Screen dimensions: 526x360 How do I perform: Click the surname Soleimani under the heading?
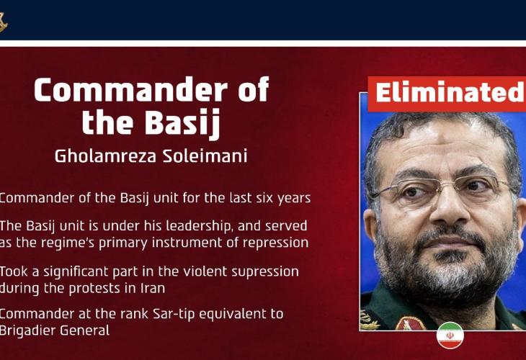pos(205,156)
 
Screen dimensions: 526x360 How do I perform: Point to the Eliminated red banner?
pos(447,94)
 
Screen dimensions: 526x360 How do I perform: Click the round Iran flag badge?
pos(450,336)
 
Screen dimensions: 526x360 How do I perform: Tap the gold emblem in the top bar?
pos(3,22)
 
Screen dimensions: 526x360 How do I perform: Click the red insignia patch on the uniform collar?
pos(409,324)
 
